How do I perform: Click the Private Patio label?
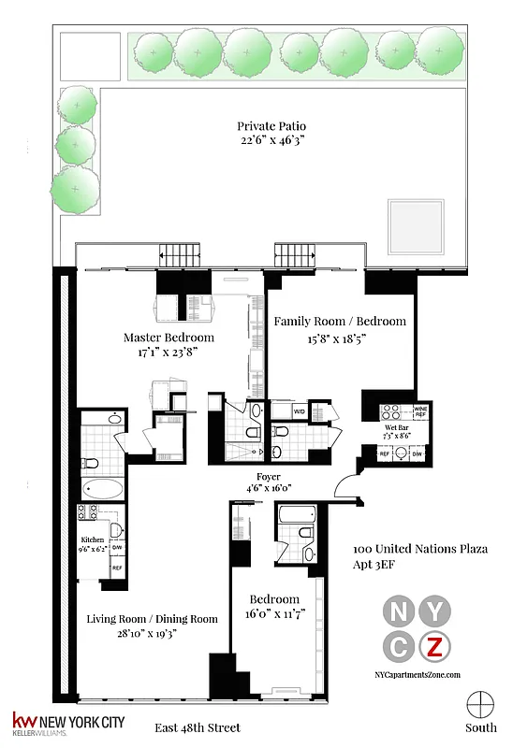click(x=271, y=126)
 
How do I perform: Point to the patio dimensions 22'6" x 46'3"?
click(x=271, y=142)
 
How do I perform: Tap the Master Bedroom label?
click(x=169, y=338)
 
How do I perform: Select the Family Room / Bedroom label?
click(x=340, y=322)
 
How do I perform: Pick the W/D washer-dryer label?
click(x=300, y=410)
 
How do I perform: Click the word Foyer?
click(x=270, y=477)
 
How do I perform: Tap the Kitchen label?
click(x=92, y=540)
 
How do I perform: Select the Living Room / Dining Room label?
click(x=152, y=619)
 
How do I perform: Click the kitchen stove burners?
click(x=87, y=512)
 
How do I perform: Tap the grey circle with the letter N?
click(x=397, y=611)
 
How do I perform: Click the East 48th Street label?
click(x=198, y=727)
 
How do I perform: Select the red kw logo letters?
click(x=22, y=721)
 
